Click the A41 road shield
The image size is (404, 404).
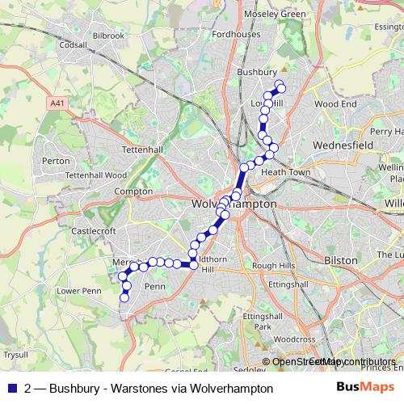coord(57,103)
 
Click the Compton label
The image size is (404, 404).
coord(128,191)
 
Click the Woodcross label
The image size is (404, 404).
coord(288,339)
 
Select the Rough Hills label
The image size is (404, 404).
coord(274,265)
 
